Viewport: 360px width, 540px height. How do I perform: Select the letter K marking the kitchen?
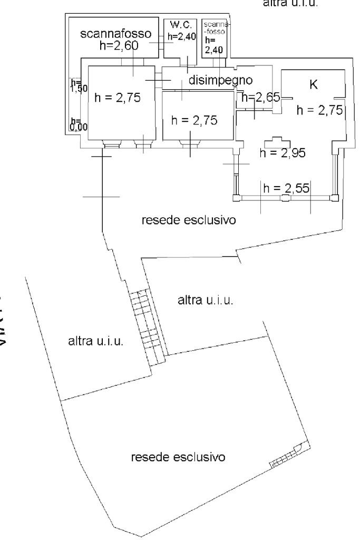click(x=313, y=85)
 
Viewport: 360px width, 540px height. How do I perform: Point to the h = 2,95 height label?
click(x=283, y=152)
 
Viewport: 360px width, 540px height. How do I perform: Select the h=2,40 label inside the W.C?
click(x=182, y=36)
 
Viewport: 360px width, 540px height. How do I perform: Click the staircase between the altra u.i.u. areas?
click(x=148, y=327)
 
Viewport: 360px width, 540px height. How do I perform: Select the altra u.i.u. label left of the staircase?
click(x=96, y=341)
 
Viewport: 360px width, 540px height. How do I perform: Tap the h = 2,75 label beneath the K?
click(x=320, y=110)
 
